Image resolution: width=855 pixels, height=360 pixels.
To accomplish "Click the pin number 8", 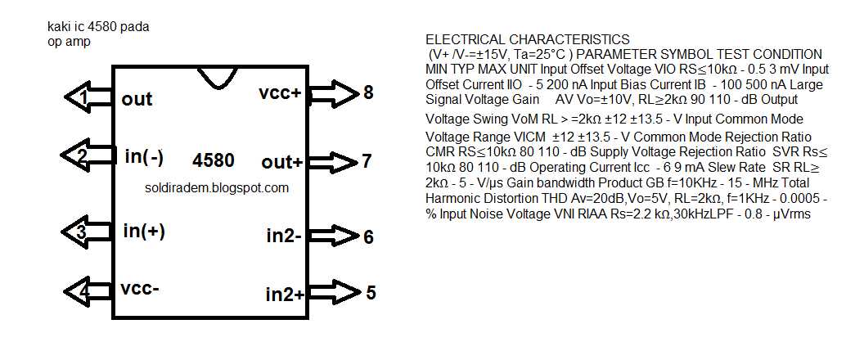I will pos(369,92).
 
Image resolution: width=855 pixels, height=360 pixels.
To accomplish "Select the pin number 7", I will pos(367,161).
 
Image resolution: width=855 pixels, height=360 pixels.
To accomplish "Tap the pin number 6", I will pos(369,237).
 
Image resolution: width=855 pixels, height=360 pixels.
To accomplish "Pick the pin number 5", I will pos(371,292).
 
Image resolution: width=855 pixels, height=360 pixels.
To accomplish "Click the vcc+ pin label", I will pos(281,93).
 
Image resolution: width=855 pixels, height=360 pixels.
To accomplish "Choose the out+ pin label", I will pos(282,162).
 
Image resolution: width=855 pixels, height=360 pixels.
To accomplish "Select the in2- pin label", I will pos(285,236).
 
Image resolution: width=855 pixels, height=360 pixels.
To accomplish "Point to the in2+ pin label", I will pos(286,293).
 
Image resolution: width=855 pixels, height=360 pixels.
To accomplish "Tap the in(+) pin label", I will pos(144,231).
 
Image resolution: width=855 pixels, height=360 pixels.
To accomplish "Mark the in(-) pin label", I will pos(145,155).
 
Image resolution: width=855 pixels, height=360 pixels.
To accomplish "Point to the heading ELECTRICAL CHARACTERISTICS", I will pos(528,39).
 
